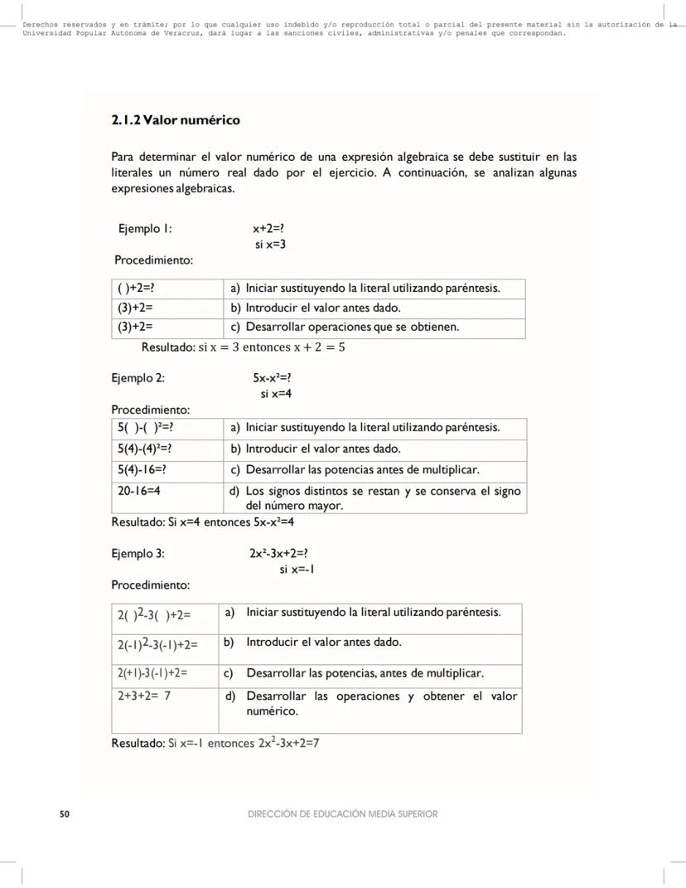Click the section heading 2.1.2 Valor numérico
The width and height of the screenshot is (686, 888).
coord(176,120)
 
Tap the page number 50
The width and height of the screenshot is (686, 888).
coord(65,814)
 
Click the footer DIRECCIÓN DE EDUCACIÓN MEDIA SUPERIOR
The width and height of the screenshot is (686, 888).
coord(342,814)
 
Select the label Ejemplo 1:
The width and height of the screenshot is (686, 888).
coord(146,228)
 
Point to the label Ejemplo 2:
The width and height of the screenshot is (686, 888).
coord(138,378)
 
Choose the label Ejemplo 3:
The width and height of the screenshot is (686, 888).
coord(138,553)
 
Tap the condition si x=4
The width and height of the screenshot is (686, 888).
coord(276,394)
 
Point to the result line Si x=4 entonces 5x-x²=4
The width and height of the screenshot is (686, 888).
coord(203,522)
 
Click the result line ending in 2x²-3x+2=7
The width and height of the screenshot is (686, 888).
coord(215,743)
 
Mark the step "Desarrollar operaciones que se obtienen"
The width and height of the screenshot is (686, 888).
coord(351,327)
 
